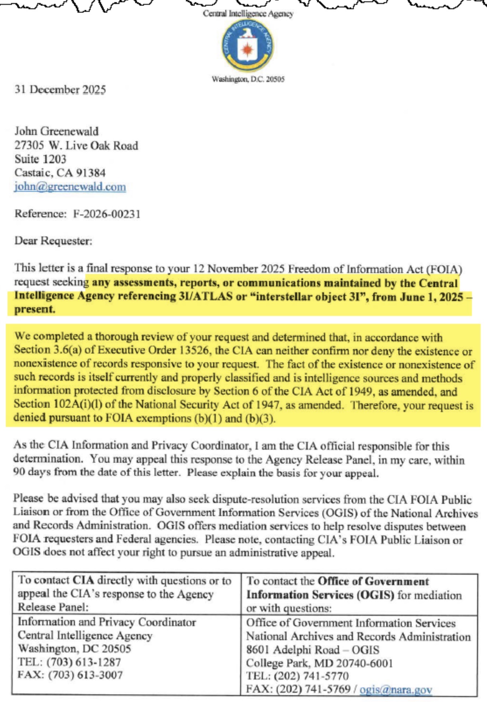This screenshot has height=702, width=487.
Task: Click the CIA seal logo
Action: coord(248,46)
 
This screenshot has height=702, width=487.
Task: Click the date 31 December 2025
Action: coord(60,90)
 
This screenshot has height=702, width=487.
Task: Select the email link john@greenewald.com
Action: coord(70,187)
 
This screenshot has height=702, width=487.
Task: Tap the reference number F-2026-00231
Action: coord(107,214)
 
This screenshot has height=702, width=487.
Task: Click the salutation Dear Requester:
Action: coord(53,241)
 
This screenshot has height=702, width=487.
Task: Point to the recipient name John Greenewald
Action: coord(56,131)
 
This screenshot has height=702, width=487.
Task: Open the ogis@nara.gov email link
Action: coord(396,689)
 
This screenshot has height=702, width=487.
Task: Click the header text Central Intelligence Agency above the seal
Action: coord(248,14)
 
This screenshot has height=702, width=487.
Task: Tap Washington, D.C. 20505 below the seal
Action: coord(248,79)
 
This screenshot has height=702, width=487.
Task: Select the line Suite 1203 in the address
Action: coord(41,159)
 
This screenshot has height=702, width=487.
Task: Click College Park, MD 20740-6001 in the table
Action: coord(320,663)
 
